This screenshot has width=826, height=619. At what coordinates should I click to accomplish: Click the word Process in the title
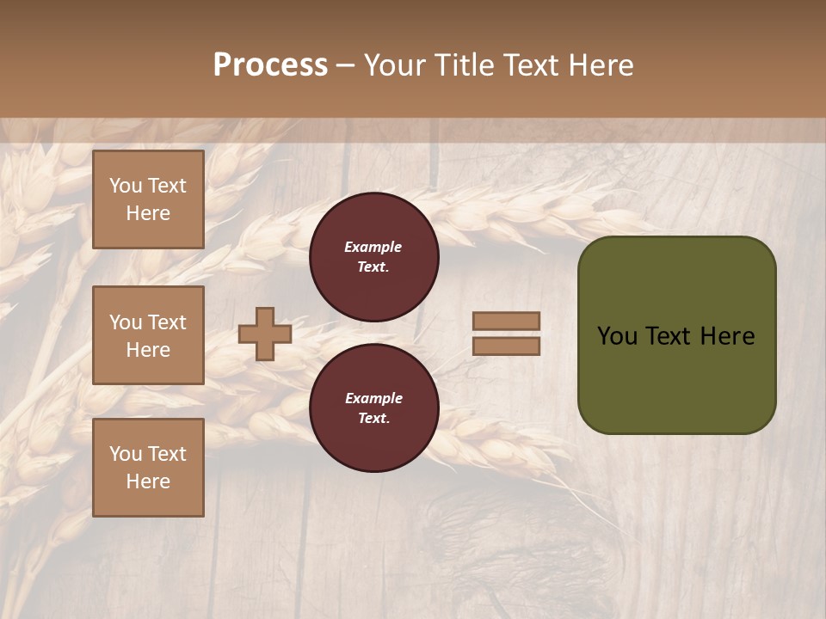click(270, 65)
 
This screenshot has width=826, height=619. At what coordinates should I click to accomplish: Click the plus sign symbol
click(265, 334)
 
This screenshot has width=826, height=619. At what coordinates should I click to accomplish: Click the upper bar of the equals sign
click(506, 321)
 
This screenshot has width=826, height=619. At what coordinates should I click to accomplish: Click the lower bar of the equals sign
click(506, 346)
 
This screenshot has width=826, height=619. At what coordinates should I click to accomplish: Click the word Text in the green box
click(669, 336)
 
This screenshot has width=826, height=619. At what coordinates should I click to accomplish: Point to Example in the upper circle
click(373, 247)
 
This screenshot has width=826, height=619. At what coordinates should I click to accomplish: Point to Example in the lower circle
click(373, 398)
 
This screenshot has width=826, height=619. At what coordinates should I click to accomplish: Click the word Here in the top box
click(148, 213)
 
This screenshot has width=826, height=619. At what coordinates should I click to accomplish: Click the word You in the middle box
click(125, 322)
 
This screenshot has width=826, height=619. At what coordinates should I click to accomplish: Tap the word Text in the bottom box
click(166, 454)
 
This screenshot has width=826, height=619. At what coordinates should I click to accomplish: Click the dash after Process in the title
click(346, 65)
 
